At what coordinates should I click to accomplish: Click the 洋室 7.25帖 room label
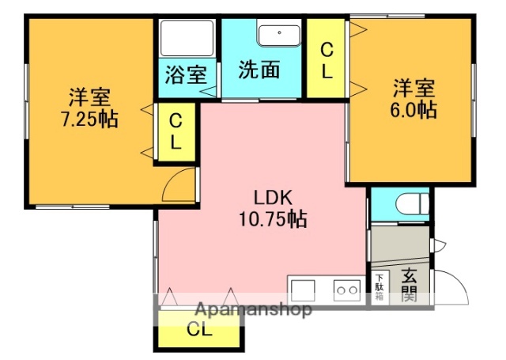(x=89, y=109)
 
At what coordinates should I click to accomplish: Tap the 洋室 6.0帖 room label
(x=413, y=97)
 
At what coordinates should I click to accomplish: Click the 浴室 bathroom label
(x=186, y=75)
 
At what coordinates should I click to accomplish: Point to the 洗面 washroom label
(x=260, y=70)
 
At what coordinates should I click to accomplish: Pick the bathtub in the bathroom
(x=187, y=38)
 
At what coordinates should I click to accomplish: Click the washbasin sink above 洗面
(x=277, y=35)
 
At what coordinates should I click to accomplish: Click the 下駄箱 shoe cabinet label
(x=379, y=287)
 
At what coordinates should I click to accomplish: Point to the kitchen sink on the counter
(x=304, y=289)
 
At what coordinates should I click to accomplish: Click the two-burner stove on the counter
(x=347, y=290)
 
